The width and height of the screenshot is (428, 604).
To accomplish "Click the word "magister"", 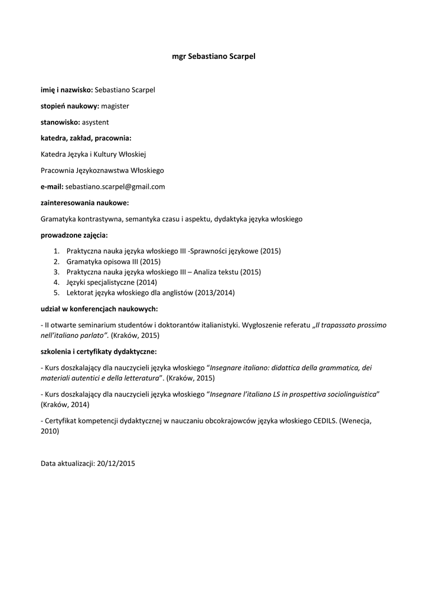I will tap(115, 106).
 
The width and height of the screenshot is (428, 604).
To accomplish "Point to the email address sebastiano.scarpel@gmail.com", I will tap(115, 186).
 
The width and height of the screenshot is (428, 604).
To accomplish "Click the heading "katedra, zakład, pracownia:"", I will tap(86, 138).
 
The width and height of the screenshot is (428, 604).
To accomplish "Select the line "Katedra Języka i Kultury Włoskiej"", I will tap(93, 155).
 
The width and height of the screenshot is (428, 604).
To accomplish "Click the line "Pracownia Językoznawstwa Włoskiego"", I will tap(102, 170).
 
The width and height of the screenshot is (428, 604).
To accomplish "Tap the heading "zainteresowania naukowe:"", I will tap(84, 202).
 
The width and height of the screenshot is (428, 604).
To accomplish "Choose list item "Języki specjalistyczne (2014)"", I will tap(112, 283).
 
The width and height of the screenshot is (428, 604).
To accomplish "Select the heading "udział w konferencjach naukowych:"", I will tap(99, 308).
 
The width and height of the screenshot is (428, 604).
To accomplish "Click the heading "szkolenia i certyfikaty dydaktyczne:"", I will tap(99, 352).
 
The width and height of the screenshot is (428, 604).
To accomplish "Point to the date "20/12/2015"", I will tap(116, 464).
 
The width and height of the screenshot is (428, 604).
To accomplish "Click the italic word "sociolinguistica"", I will tap(348, 394).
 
